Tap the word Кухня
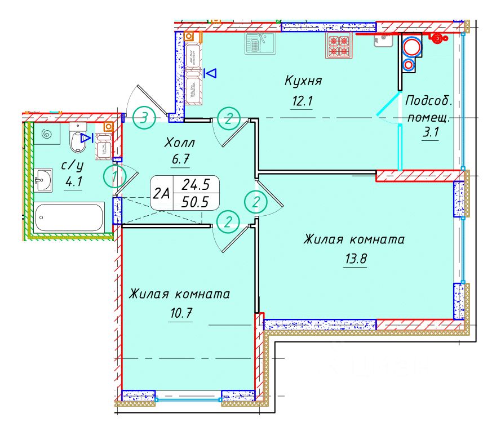pos(303,81)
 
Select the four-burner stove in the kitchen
pos(339,46)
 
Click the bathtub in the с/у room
pos(69,217)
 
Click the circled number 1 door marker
pos(114,177)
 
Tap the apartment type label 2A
pos(162,193)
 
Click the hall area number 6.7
pos(180,160)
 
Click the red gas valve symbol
pos(437,38)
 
